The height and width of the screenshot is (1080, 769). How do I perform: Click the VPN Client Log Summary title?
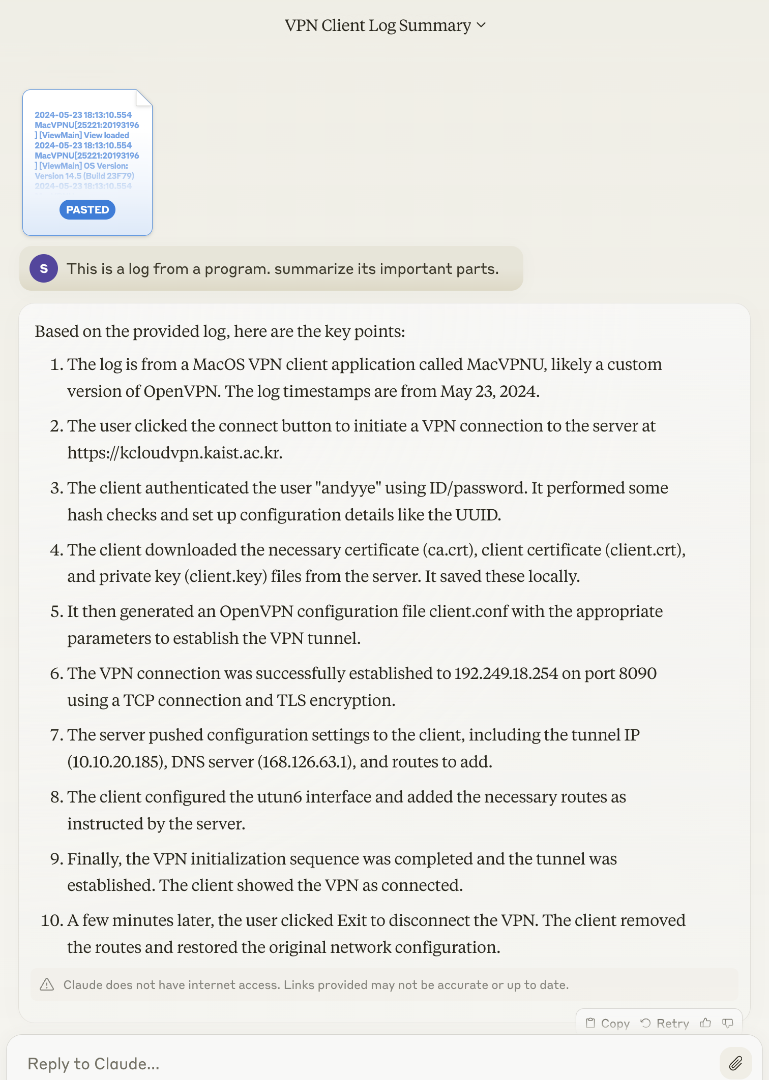(x=377, y=25)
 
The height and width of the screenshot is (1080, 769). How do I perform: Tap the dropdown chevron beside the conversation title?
(x=482, y=25)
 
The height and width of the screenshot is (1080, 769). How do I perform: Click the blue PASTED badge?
(x=87, y=210)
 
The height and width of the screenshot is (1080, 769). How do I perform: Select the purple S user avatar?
(x=44, y=268)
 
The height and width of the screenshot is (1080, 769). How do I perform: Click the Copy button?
(x=608, y=1023)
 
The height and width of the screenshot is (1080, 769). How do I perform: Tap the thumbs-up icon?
(x=705, y=1023)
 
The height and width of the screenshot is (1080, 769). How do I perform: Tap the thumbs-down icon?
(x=728, y=1023)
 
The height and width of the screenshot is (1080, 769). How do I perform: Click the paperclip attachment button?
(x=735, y=1063)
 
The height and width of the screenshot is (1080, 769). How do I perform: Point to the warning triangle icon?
(x=47, y=984)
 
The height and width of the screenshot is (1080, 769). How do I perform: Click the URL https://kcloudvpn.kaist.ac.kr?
(x=174, y=452)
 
